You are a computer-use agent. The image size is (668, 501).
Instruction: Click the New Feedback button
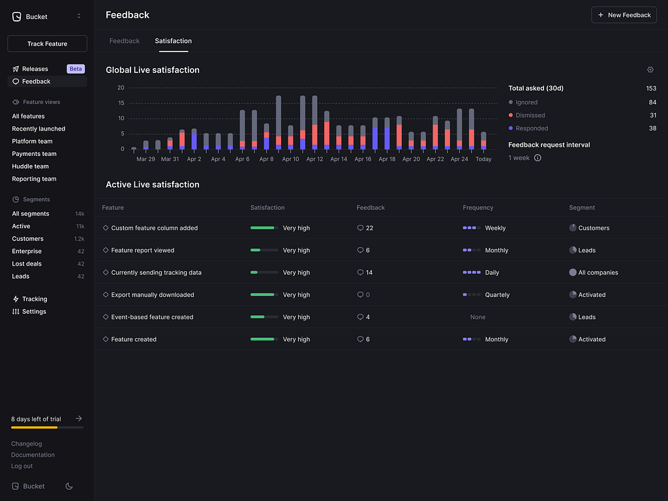624,15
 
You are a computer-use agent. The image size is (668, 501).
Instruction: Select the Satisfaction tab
173,41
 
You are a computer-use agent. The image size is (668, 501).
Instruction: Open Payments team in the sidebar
34,154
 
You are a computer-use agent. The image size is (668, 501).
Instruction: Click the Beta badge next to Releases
76,69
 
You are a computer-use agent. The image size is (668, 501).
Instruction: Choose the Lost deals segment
27,264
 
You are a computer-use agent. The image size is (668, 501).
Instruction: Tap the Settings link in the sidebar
34,312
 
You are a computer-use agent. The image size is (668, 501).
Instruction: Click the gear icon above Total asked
650,70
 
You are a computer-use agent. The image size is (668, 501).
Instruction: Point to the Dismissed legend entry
530,115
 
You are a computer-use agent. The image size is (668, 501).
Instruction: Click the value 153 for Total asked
650,89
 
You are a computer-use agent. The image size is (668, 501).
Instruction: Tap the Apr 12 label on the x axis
314,159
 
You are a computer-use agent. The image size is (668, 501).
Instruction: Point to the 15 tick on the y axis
121,103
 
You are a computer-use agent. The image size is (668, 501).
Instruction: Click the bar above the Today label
483,141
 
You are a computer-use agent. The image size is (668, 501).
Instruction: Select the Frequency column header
478,208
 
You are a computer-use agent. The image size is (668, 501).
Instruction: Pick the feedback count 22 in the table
369,228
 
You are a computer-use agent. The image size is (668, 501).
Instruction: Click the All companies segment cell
598,273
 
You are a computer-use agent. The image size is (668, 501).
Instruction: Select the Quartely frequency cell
497,295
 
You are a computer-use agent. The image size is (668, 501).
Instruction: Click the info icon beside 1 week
538,158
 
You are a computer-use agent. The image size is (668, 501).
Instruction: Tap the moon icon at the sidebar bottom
70,486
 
